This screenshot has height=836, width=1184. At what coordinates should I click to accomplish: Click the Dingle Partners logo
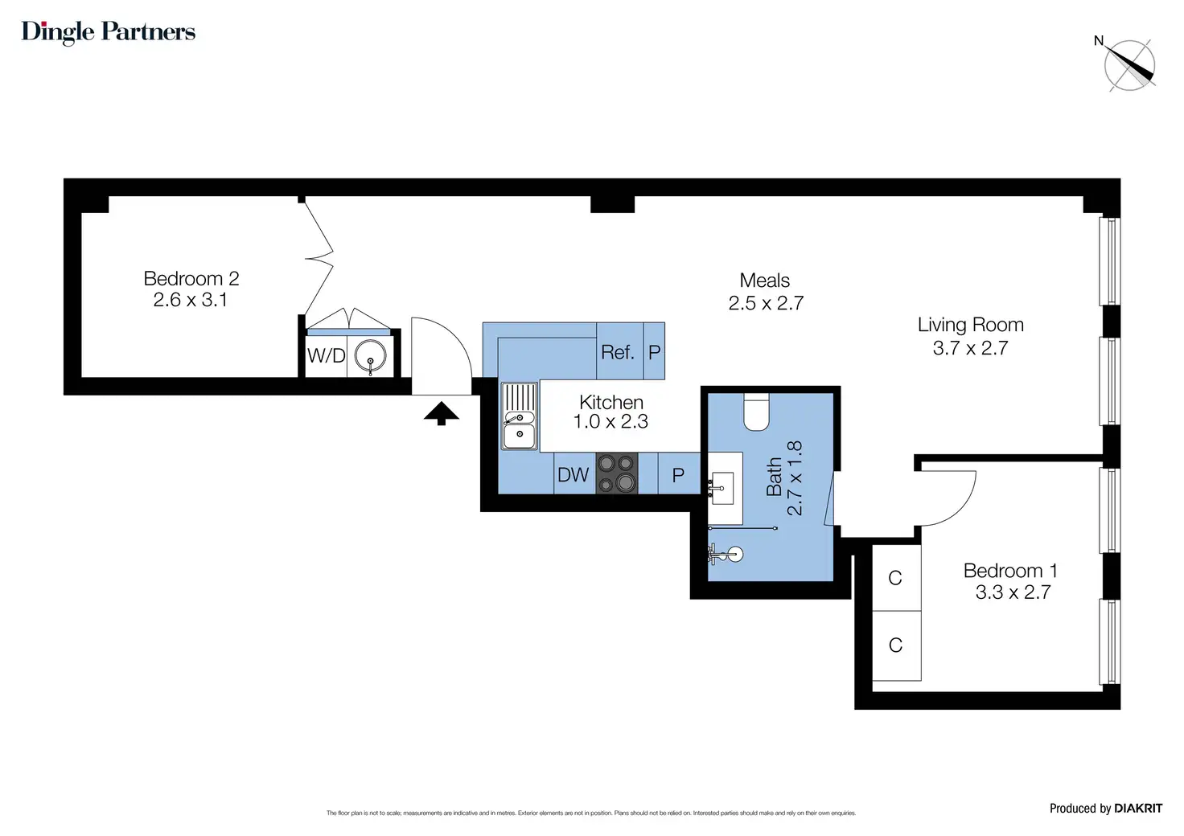point(109,32)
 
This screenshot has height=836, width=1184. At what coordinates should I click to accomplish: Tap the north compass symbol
point(1128,65)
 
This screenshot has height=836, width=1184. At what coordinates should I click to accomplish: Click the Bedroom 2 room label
point(191,278)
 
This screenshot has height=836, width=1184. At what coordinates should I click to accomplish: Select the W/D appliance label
point(326,355)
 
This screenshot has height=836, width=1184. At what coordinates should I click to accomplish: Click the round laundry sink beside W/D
point(371,357)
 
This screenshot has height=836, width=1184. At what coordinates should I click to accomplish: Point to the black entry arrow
point(442,413)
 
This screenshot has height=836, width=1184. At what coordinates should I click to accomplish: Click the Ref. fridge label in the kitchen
point(618,352)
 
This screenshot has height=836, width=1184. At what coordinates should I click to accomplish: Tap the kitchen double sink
point(519,416)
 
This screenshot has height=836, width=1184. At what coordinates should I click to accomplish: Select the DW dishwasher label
point(573,475)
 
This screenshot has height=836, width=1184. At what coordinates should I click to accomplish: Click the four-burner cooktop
point(617,473)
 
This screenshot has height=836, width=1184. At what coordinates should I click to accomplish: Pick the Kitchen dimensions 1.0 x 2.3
point(610,421)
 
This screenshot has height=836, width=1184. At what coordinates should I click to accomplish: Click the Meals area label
point(765,280)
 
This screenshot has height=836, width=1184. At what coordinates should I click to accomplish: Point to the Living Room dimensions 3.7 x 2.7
point(971,348)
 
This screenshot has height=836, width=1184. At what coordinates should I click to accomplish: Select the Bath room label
point(774,477)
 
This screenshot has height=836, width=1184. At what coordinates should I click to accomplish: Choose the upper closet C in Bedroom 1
point(895,578)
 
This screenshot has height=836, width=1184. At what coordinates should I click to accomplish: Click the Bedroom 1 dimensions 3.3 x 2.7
point(1013,592)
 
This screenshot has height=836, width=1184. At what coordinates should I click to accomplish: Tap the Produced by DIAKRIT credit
point(1106,808)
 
